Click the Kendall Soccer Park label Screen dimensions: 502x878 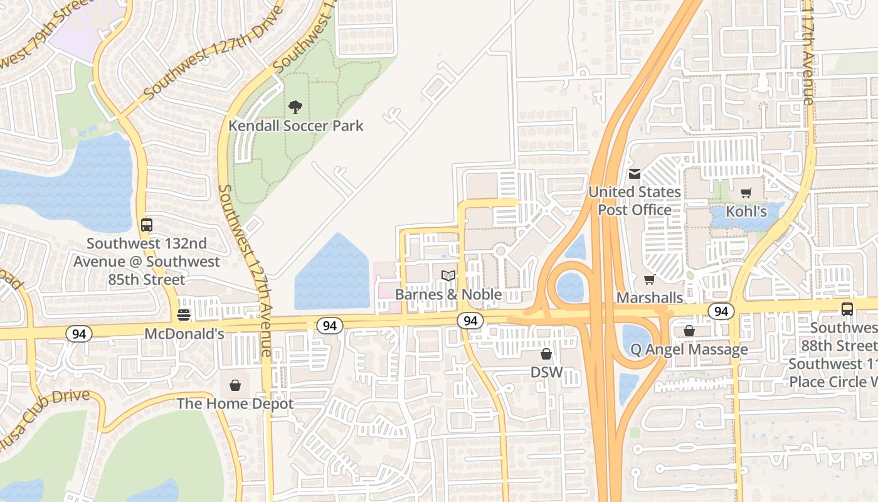pos(295,125)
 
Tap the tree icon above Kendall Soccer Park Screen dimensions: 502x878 pos(295,107)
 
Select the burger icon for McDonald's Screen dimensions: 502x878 pos(184,315)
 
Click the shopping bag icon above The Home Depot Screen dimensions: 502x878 pos(235,385)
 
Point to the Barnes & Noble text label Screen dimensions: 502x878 pos(448,294)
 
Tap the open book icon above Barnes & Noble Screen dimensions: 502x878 pos(448,276)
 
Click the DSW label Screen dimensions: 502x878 pos(546,372)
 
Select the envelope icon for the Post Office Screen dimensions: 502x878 pos(635,174)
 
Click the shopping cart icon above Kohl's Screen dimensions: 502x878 pos(746,193)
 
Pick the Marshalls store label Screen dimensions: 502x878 pos(650,297)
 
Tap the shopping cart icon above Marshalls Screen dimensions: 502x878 pos(650,279)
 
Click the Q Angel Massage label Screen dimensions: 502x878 pos(689,350)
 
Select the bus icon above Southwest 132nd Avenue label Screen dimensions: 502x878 pos(147,225)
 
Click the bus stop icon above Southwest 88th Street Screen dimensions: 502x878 pos(847,309)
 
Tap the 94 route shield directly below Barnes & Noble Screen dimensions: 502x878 pos(470,321)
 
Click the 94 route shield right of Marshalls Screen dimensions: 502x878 pos(721,311)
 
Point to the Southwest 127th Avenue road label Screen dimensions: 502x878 pos(245,270)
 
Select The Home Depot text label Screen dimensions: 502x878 pos(235,403)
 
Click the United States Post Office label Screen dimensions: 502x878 pos(635,201)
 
